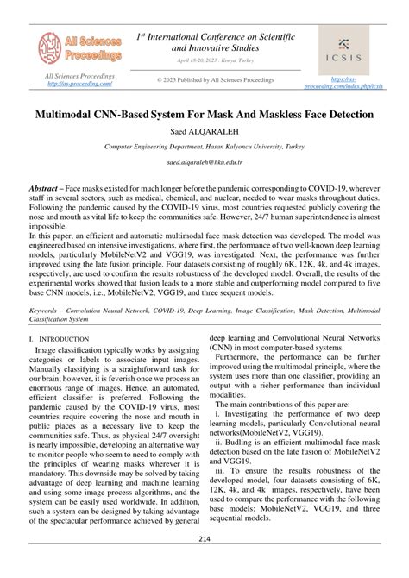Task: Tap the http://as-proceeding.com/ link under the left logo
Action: [x=80, y=84]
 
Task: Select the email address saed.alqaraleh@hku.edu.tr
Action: [x=204, y=162]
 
